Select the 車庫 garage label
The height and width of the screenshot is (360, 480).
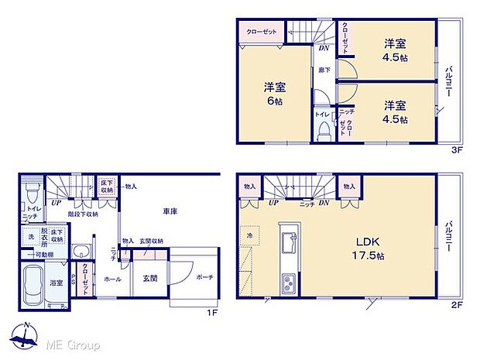[171, 211]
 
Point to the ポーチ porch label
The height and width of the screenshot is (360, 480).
[204, 278]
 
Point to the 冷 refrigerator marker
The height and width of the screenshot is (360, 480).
[250, 235]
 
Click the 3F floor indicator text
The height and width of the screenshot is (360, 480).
[457, 151]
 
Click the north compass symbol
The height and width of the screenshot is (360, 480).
[26, 334]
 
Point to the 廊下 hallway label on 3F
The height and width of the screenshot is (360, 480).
[324, 70]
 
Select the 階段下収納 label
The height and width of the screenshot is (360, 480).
[83, 214]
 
